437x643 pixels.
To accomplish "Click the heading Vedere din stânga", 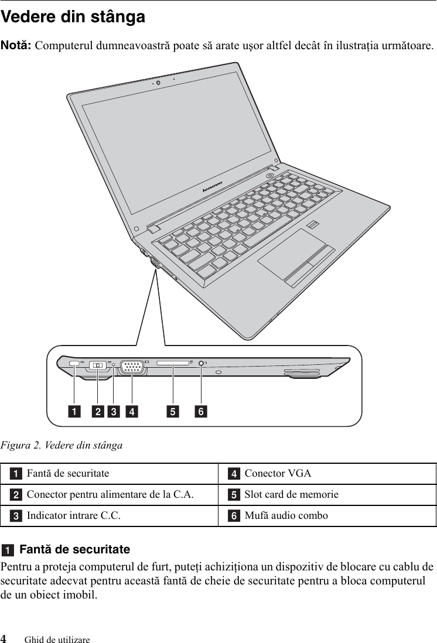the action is tap(73, 17).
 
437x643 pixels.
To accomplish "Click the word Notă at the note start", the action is tap(16, 45).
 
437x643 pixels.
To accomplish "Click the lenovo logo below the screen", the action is tap(212, 187).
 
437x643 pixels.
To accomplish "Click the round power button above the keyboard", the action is tap(269, 175).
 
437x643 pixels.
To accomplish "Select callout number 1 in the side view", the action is tap(74, 412).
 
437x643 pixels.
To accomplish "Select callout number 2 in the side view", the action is tap(98, 412).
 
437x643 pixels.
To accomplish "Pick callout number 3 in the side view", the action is tap(113, 412).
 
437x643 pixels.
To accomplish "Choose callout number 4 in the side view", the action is tap(132, 412).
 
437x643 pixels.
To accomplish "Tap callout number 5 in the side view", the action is tap(173, 412).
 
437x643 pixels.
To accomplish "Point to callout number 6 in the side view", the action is tap(201, 412).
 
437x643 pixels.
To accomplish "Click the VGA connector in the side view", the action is tap(132, 368).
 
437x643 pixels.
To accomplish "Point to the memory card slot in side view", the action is tap(173, 364).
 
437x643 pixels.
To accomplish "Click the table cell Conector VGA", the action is tap(278, 473).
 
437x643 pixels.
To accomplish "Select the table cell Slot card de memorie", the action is tap(291, 494).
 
